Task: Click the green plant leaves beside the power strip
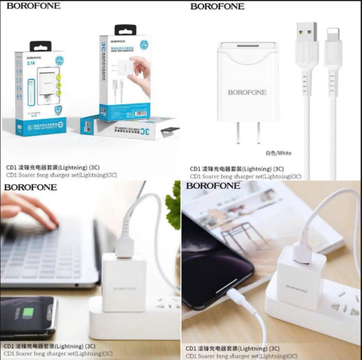pyautogui.click(x=173, y=211)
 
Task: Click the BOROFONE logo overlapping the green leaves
pyautogui.click(x=219, y=186)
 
